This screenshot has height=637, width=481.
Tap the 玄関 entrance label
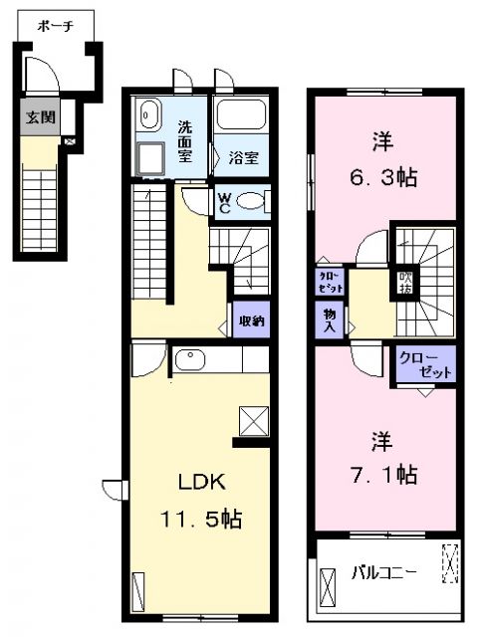coord(41,116)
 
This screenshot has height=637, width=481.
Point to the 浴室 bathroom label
coord(243,157)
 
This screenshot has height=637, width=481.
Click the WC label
coord(224,201)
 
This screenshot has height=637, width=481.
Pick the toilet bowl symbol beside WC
coord(253,202)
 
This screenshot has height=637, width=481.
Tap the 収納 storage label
coord(251,320)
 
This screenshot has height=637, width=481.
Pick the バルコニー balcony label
coord(383,572)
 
